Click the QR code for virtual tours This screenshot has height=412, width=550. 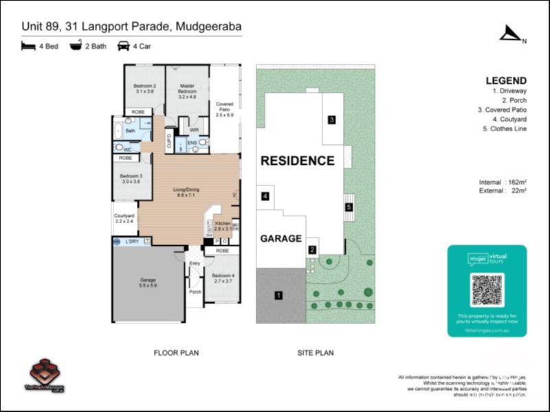click(x=487, y=290)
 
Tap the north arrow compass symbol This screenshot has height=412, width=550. click(x=510, y=34)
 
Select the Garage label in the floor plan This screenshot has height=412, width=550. click(x=148, y=282)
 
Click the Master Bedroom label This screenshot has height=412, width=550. click(x=187, y=91)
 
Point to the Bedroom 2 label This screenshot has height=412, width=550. click(x=145, y=88)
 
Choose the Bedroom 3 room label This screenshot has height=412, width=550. click(x=131, y=179)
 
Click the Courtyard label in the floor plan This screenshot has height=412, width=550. click(x=125, y=218)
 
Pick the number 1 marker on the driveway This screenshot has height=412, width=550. click(x=278, y=295)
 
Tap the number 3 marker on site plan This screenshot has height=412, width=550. click(x=331, y=120)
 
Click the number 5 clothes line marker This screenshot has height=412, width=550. click(x=349, y=207)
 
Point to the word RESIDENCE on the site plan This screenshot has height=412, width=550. click(x=297, y=161)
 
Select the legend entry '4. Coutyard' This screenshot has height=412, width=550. click(x=506, y=119)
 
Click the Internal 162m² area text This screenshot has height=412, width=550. click(x=503, y=182)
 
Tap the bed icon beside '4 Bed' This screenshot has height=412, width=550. click(x=28, y=47)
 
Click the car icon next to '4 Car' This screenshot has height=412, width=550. click(x=124, y=47)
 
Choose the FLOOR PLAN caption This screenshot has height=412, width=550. click(x=176, y=353)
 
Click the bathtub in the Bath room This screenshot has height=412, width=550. click(x=118, y=129)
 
